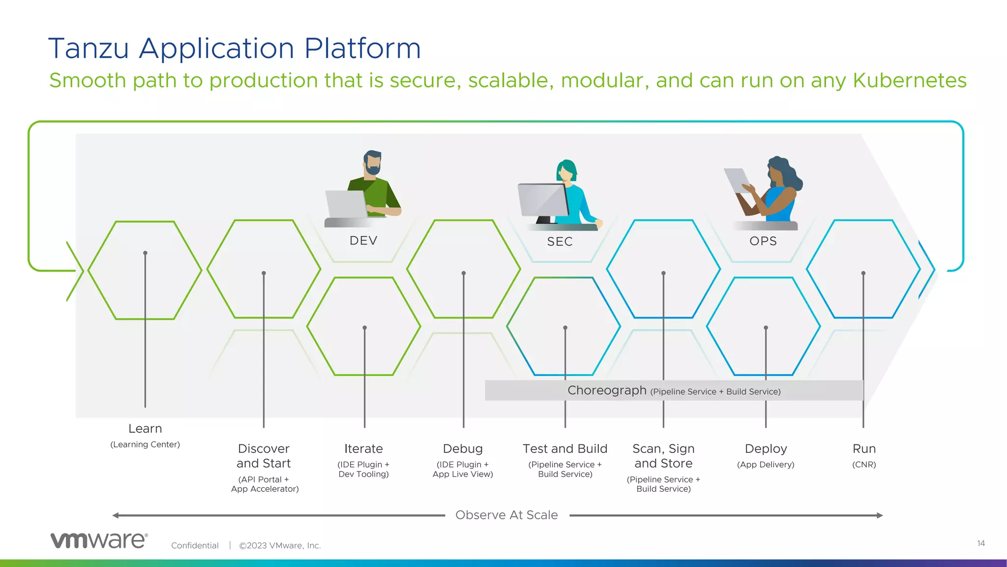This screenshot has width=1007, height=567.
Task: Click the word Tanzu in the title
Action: click(89, 49)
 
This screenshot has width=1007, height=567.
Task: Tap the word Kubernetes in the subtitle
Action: click(910, 81)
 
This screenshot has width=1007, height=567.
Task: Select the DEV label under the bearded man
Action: click(363, 241)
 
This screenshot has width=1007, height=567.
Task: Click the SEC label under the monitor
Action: click(560, 242)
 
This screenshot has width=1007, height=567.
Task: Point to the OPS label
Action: click(763, 241)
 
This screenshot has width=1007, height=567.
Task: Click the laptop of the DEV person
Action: click(346, 204)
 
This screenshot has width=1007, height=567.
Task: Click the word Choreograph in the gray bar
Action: click(607, 390)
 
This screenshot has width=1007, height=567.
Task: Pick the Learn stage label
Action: click(145, 429)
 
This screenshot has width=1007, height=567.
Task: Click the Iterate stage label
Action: click(363, 449)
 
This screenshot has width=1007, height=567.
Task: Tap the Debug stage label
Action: click(463, 449)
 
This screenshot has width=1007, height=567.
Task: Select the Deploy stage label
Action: click(766, 449)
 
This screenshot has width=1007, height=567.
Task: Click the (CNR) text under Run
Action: click(864, 465)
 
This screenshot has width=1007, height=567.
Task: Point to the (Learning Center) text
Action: click(145, 444)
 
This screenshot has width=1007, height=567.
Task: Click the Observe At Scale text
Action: click(506, 515)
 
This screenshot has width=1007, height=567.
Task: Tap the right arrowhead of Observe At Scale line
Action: click(880, 515)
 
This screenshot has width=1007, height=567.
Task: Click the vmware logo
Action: click(99, 540)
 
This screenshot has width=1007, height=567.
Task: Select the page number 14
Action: click(980, 543)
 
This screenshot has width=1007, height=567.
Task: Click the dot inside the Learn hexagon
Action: click(145, 253)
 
